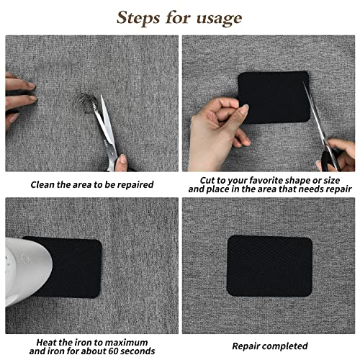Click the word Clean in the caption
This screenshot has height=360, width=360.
tap(45, 185)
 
